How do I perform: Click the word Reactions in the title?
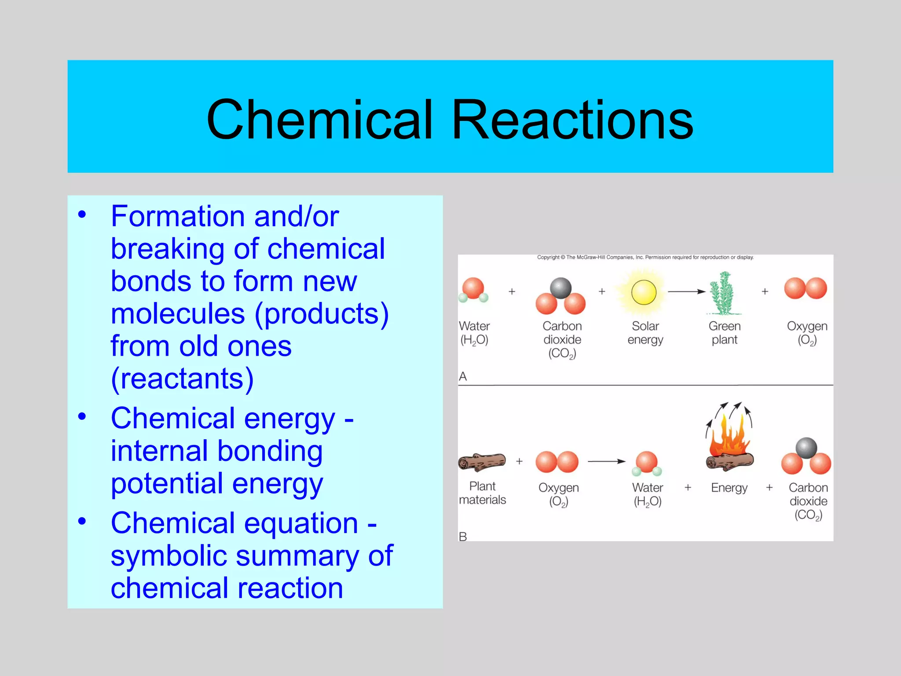572,120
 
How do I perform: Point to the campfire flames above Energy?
729,436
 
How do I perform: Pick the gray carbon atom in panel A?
560,288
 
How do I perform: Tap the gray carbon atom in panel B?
806,448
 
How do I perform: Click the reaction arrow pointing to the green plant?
686,291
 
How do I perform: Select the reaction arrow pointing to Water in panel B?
606,461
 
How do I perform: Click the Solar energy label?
645,333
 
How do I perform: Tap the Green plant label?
725,333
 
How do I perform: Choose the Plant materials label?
482,493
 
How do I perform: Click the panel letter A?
463,376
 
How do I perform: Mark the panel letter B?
463,536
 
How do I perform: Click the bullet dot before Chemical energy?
82,416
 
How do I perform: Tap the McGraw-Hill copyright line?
645,257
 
